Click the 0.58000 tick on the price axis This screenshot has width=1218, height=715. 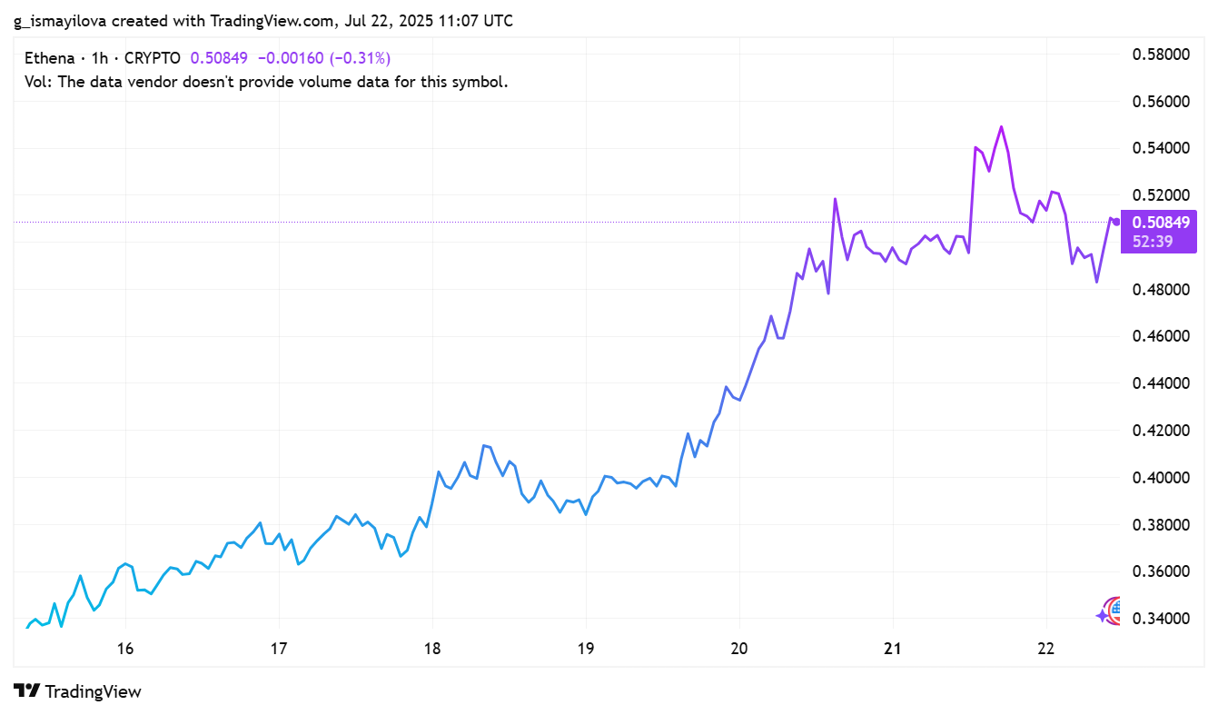pyautogui.click(x=1160, y=54)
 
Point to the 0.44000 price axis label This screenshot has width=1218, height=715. pyautogui.click(x=1160, y=383)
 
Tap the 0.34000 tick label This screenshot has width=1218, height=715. pyautogui.click(x=1160, y=619)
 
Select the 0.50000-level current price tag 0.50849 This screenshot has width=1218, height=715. pyautogui.click(x=1160, y=222)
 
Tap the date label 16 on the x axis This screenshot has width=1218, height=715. pyautogui.click(x=125, y=649)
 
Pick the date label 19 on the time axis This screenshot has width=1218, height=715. pyautogui.click(x=586, y=649)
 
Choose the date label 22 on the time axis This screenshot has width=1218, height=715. pyautogui.click(x=1046, y=649)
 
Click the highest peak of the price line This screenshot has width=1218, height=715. pyautogui.click(x=1001, y=126)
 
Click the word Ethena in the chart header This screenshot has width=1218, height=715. pyautogui.click(x=49, y=58)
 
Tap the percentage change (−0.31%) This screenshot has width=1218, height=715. pyautogui.click(x=361, y=58)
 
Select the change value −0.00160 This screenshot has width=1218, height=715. pyautogui.click(x=290, y=58)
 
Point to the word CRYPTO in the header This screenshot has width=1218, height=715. pyautogui.click(x=152, y=58)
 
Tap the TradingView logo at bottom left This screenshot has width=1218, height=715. pyautogui.click(x=78, y=691)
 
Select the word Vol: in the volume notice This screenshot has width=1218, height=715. pyautogui.click(x=37, y=82)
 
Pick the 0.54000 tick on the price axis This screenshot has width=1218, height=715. pyautogui.click(x=1160, y=148)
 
